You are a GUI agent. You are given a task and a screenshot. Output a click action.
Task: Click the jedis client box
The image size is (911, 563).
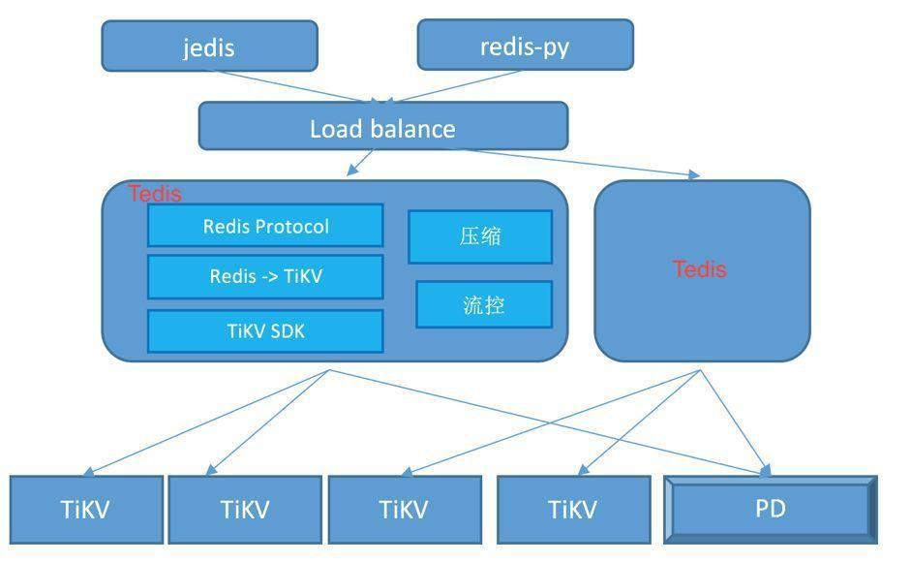210,46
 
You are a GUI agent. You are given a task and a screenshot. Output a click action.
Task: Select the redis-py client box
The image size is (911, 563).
526,45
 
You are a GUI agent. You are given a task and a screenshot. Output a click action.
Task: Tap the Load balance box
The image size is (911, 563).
382,126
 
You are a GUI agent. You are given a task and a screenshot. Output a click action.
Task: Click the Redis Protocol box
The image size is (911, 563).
265,225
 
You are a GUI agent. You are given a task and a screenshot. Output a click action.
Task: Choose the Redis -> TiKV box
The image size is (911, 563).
265,276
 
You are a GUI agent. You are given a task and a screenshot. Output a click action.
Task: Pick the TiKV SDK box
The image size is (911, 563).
265,331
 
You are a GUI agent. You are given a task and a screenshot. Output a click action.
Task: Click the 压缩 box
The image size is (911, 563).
480,236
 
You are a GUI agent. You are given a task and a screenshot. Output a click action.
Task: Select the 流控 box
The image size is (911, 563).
484,304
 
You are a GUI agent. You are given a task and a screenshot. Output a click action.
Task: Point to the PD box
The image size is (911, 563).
771,510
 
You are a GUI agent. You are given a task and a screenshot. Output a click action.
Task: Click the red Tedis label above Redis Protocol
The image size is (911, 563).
155,194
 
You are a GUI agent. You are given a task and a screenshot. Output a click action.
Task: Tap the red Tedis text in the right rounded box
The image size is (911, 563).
700,269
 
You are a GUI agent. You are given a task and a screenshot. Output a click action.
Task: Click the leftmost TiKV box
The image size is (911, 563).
86,510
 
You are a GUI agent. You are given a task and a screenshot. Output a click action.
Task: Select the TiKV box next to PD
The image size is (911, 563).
573,510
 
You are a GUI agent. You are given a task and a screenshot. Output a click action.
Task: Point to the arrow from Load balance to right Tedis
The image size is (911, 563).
581,162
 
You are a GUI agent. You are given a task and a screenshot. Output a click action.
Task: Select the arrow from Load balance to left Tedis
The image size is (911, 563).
360,162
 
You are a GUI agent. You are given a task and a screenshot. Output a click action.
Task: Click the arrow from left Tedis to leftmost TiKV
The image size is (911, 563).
205,422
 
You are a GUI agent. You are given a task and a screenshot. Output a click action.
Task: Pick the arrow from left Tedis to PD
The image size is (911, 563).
550,422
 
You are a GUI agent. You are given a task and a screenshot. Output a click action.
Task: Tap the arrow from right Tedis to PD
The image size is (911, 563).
735,422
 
